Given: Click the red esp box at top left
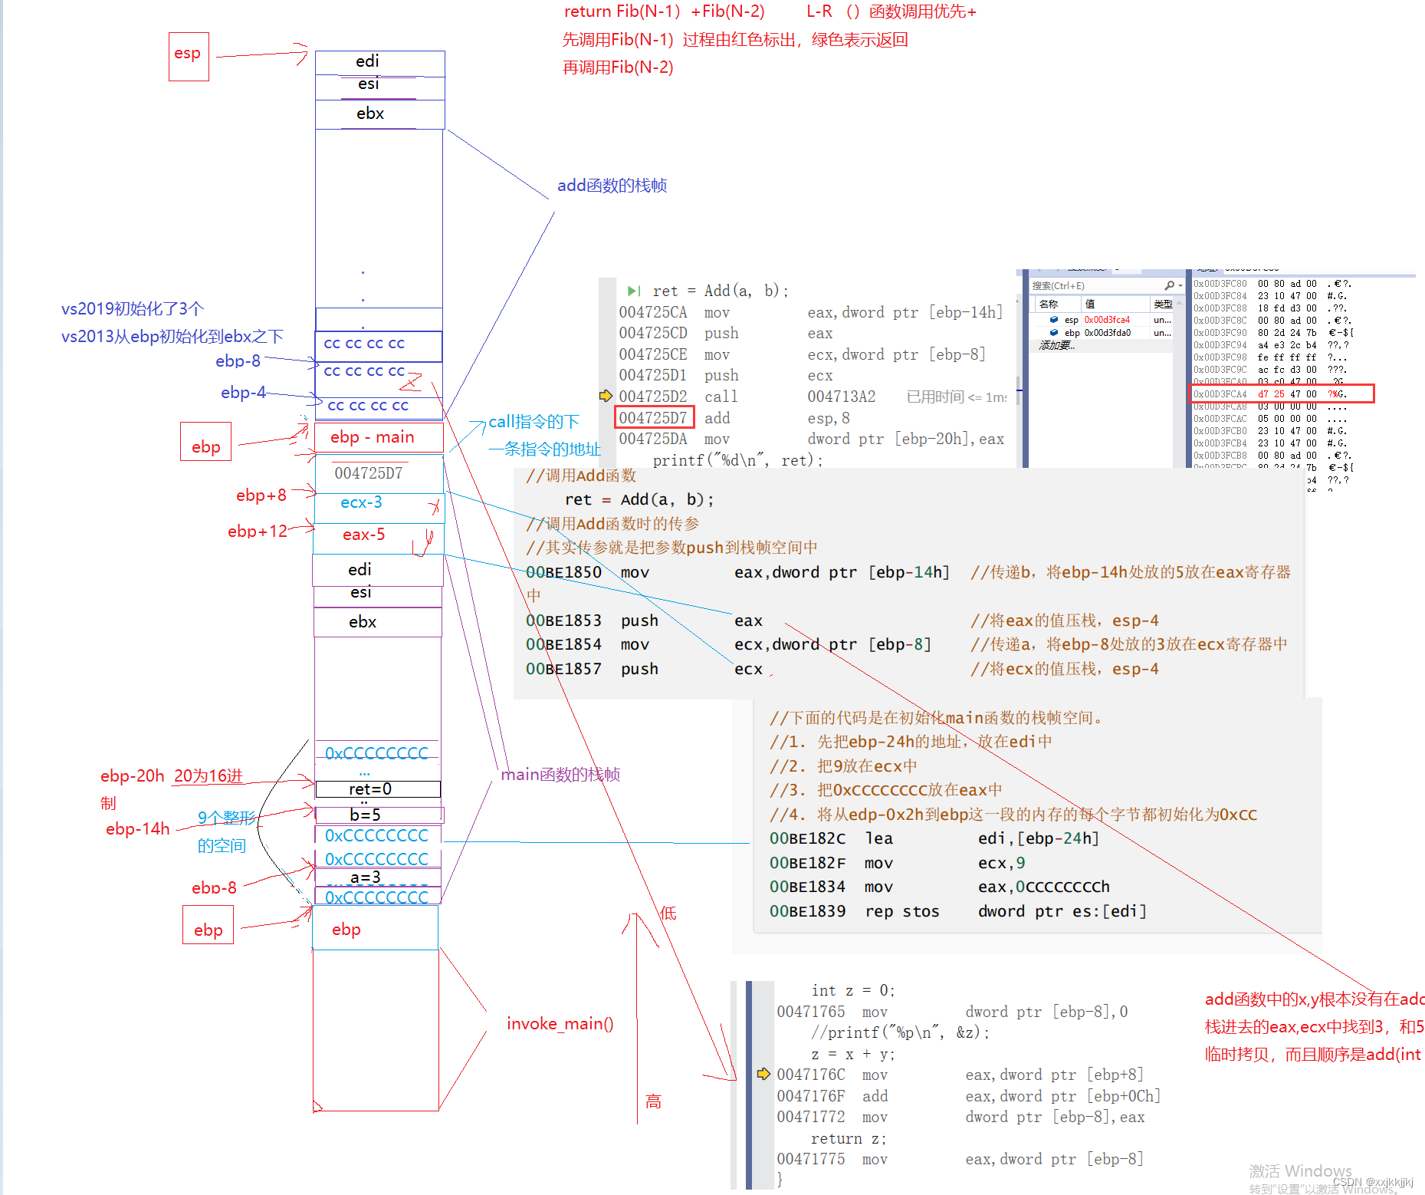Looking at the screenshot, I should coord(189,56).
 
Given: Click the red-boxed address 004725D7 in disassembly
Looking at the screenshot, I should coord(654,418).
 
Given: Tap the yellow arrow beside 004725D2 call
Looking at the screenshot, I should coord(606,396).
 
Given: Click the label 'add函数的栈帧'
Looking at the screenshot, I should coord(612,186).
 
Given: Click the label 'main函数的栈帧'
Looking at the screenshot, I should coord(560,775).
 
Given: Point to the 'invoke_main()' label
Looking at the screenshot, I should coord(560,1024).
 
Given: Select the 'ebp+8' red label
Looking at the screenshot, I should coord(261,495).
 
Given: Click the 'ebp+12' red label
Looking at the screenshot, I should coord(257,531).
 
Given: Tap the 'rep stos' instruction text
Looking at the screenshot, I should coord(901,911).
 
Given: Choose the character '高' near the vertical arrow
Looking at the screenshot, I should coord(653,1102).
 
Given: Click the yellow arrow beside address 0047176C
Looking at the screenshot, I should coord(763,1074).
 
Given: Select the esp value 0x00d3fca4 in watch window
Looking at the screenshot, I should coord(1106,320).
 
